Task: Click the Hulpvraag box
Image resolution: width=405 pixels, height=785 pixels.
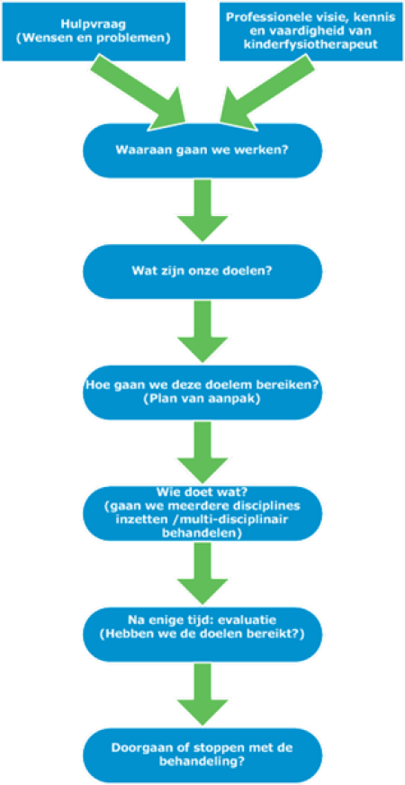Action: pos(94,31)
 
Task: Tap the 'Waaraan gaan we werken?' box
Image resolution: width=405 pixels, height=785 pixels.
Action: pos(202,150)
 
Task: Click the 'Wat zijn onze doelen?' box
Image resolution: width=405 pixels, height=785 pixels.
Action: pos(202,271)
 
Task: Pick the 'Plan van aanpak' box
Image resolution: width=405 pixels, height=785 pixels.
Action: pos(202,392)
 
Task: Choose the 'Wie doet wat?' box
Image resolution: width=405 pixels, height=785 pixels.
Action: pos(202,514)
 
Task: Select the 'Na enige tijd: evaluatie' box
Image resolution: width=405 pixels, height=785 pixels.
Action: pos(202,635)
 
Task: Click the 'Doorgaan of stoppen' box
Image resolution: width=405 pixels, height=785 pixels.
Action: pos(202,756)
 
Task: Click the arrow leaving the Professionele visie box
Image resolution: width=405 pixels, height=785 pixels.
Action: pos(265,90)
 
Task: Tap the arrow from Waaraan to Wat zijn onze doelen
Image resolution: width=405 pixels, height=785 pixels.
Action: pos(202,211)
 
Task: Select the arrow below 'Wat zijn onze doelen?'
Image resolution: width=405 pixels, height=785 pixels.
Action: pos(202,331)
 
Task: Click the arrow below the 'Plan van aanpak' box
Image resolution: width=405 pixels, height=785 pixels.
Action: pos(202,453)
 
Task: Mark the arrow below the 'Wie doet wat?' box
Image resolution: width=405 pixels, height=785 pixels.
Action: pos(202,573)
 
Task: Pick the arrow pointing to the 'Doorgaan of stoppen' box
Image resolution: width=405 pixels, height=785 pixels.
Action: pos(202,695)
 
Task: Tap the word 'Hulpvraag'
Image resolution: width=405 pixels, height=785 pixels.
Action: pos(94,24)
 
